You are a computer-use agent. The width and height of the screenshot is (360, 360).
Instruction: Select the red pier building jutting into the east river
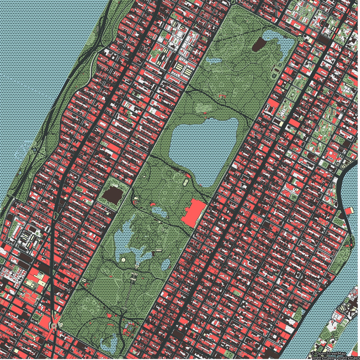[349, 211]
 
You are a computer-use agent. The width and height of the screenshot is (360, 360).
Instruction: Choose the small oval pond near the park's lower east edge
[165, 264]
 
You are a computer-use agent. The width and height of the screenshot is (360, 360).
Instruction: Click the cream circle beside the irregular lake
[123, 259]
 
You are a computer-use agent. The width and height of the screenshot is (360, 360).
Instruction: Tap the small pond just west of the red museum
[159, 212]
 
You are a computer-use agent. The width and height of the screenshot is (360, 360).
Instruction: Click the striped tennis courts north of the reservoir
[203, 108]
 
